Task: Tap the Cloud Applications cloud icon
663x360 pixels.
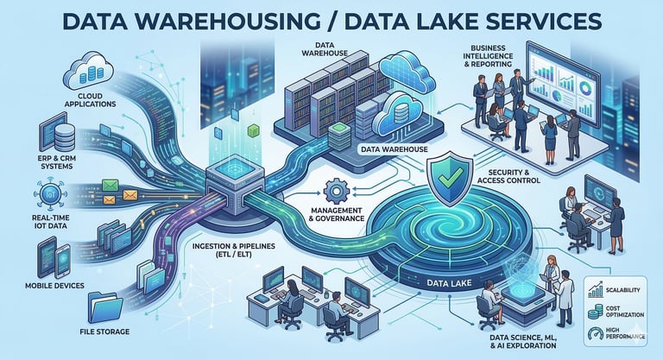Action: (89, 66)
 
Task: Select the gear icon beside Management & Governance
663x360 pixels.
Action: (334, 190)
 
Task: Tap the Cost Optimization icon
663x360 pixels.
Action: (595, 309)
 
